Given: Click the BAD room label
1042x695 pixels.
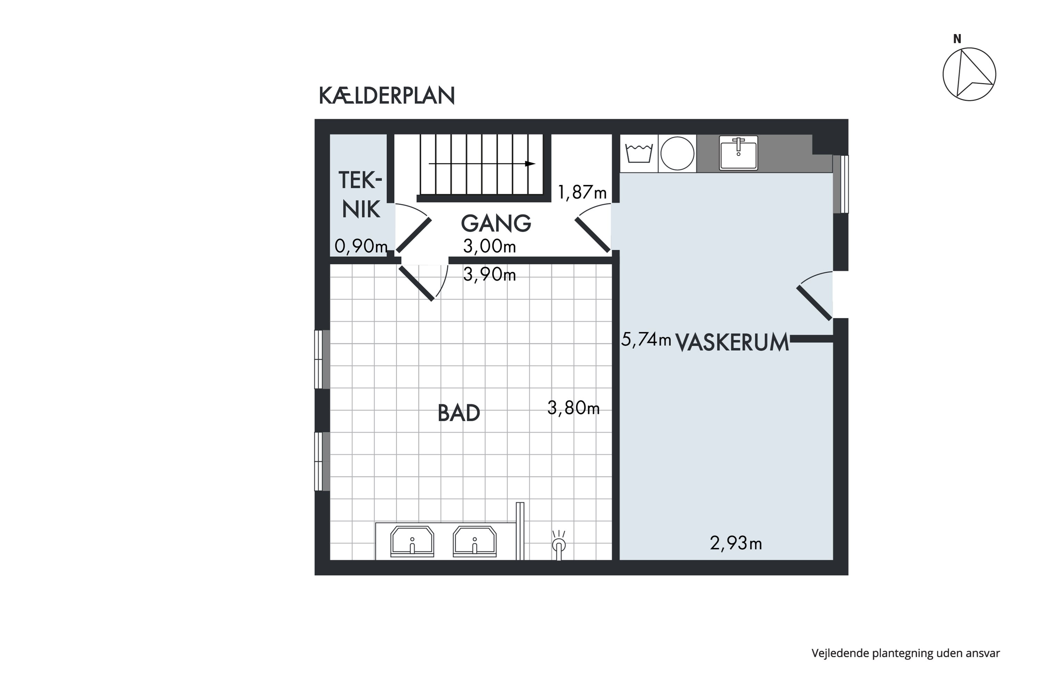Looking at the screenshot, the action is (458, 413).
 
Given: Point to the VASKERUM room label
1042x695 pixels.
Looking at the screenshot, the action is (732, 343).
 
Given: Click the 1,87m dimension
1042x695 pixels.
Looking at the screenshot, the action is (582, 193).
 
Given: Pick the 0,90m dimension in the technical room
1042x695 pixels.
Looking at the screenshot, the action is (361, 246).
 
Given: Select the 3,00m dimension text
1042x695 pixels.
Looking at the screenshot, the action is (489, 246).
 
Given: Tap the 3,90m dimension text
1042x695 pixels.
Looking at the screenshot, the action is (489, 275).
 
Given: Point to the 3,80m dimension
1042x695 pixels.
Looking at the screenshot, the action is (574, 408).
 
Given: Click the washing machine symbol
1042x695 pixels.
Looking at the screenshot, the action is (639, 153).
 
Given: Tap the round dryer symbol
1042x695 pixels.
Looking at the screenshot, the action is (677, 153).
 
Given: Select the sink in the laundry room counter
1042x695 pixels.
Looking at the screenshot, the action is (738, 153).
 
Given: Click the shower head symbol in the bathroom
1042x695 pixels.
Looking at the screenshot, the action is (559, 545).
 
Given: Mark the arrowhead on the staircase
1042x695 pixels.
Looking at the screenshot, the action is (530, 164).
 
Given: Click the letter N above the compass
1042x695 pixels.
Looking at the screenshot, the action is (957, 39).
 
